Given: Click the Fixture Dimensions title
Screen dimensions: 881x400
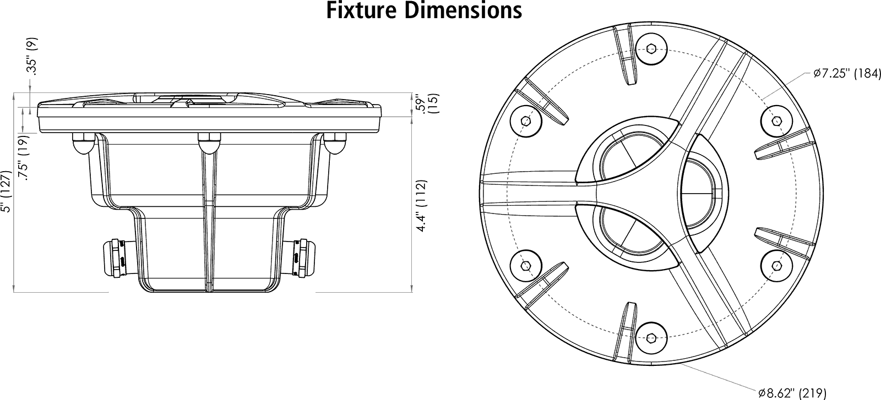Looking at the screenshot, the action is pyautogui.click(x=424, y=10).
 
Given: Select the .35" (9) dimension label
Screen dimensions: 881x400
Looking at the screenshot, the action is pyautogui.click(x=32, y=56).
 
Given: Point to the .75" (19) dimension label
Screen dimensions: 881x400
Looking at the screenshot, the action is pyautogui.click(x=24, y=158).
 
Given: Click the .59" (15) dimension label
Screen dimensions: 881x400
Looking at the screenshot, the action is pyautogui.click(x=427, y=104).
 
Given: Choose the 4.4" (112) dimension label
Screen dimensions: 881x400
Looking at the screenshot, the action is pyautogui.click(x=421, y=205).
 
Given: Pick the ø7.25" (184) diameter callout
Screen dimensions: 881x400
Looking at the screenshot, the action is pyautogui.click(x=847, y=74).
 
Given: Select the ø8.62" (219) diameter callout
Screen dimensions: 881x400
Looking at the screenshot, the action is pyautogui.click(x=792, y=393).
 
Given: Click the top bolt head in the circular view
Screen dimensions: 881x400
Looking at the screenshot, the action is pyautogui.click(x=651, y=49).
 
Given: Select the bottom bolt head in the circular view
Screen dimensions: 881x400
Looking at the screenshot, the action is pyautogui.click(x=651, y=338).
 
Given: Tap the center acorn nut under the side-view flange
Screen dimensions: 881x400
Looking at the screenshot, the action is pyautogui.click(x=209, y=144).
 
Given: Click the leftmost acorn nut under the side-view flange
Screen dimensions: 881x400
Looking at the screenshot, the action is pyautogui.click(x=83, y=144).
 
